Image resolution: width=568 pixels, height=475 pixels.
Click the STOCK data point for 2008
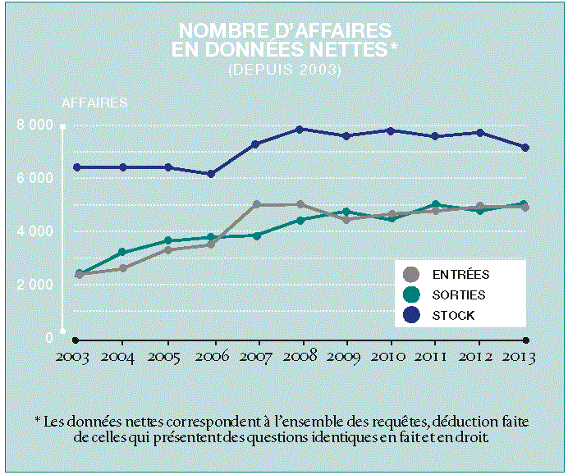(301, 130)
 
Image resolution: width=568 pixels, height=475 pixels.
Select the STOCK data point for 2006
(211, 174)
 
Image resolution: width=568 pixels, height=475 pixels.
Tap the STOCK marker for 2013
(525, 148)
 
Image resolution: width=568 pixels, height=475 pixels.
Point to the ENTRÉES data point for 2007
(257, 204)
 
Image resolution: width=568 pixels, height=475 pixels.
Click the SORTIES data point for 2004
(122, 253)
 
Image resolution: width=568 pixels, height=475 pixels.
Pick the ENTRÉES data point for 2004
(122, 268)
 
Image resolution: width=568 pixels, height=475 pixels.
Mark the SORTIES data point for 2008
(301, 220)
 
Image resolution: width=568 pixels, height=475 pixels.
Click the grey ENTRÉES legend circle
(411, 275)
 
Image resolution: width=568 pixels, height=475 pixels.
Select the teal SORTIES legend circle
(411, 295)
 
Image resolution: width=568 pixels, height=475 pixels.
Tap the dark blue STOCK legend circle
(411, 315)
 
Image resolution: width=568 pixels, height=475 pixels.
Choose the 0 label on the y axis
(48, 338)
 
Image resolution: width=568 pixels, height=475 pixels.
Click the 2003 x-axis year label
(75, 358)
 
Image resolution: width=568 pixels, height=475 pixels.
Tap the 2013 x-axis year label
(519, 358)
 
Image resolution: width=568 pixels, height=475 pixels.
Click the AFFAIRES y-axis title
(94, 103)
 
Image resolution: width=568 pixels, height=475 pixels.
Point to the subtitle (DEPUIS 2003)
(284, 70)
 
